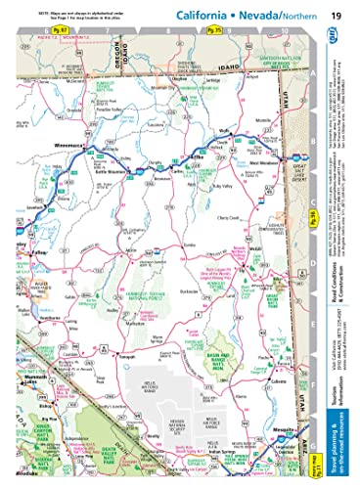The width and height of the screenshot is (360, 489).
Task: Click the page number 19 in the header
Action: coord(335,16)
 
